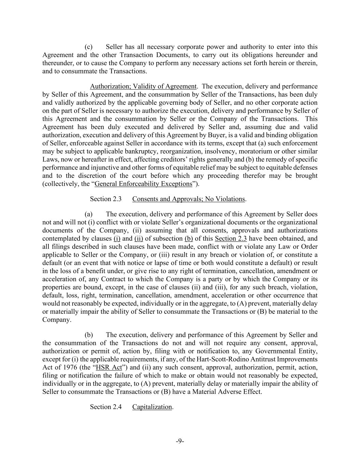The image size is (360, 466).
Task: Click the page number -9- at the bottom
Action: pos(180,441)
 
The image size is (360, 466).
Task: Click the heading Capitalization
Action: pos(152,407)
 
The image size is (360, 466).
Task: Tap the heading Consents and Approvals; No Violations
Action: pos(188,199)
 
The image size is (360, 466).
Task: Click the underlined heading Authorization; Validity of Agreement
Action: pos(143,86)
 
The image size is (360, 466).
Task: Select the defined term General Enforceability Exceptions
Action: pos(143,184)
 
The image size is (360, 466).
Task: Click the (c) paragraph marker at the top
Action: pos(88,47)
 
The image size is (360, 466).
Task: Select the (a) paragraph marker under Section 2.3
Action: pos(88,214)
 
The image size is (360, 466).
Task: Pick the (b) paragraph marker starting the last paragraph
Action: pos(88,335)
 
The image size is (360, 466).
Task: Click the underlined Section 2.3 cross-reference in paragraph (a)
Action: pos(231,239)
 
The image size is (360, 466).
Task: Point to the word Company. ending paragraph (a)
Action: pos(57,320)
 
